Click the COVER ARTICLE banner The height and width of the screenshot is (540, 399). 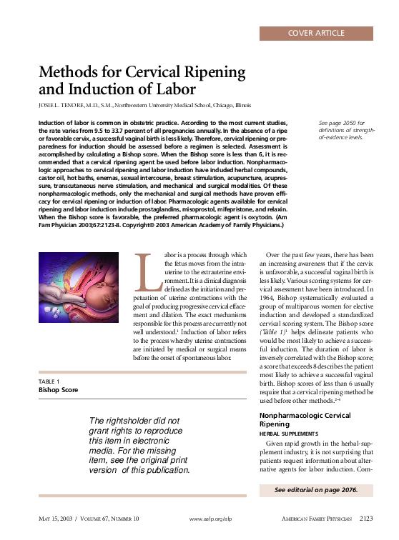click(x=316, y=33)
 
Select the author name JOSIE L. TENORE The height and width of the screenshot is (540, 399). click(x=63, y=105)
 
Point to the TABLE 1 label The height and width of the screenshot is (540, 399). click(x=49, y=382)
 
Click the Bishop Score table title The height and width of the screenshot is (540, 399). click(x=58, y=390)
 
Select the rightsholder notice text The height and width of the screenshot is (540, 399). click(x=139, y=446)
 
